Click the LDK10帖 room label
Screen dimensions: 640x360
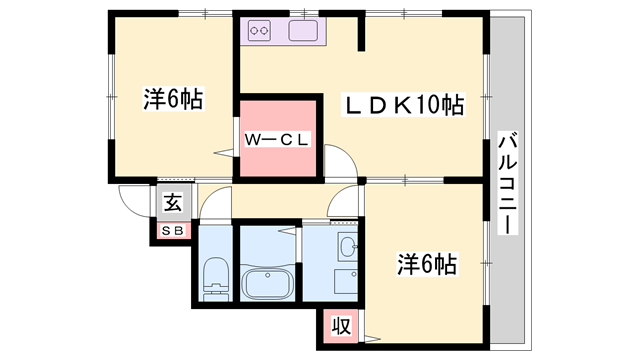point(404,105)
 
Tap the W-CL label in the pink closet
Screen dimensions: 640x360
point(277,140)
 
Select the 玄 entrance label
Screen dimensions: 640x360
point(173,202)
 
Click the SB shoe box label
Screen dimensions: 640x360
point(173,231)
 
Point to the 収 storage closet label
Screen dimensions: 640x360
point(340,325)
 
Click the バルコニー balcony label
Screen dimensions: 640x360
point(507,183)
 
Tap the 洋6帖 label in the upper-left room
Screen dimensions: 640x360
point(173,98)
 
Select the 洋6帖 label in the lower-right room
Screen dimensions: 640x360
point(427,264)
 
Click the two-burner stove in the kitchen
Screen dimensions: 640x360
point(260,31)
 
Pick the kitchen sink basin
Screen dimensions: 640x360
point(303,31)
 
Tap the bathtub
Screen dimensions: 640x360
point(267,282)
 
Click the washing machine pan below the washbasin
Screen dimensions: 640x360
point(346,281)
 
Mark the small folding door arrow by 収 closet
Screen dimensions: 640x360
point(372,338)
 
